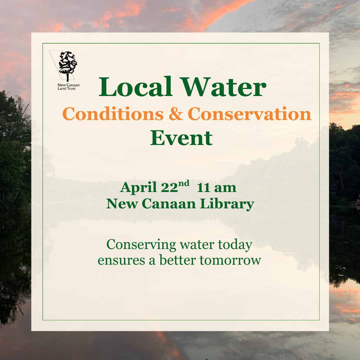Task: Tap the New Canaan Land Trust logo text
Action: tap(68, 87)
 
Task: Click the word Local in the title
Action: tap(135, 87)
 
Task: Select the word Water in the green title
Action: tap(223, 87)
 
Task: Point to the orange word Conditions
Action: tap(113, 114)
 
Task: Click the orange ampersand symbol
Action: tap(176, 114)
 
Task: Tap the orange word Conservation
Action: tap(249, 114)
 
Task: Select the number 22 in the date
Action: tap(169, 188)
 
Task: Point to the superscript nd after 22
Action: tap(184, 183)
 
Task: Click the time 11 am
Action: tap(217, 188)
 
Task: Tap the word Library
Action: tap(227, 204)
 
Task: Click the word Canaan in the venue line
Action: tap(169, 204)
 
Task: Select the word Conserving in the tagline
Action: tap(141, 245)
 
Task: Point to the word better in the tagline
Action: tap(178, 260)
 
